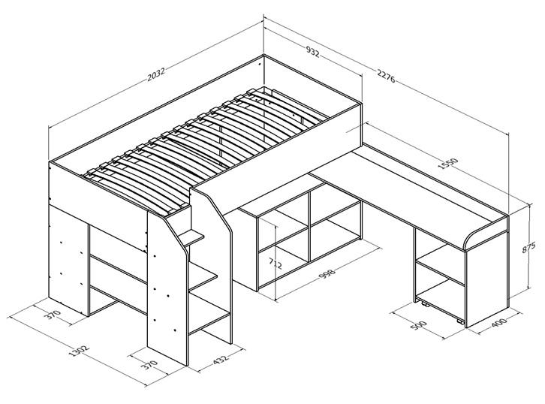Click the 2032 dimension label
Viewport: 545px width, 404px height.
pyautogui.click(x=155, y=74)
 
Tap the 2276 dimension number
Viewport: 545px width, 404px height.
pyautogui.click(x=386, y=76)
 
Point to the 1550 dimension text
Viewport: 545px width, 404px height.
pyautogui.click(x=450, y=163)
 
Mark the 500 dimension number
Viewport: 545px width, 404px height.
pyautogui.click(x=418, y=327)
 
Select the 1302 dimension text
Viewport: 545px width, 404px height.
pyautogui.click(x=80, y=351)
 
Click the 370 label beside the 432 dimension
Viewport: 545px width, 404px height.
pyautogui.click(x=150, y=366)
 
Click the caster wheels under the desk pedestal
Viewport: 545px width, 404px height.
pyautogui.click(x=441, y=312)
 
